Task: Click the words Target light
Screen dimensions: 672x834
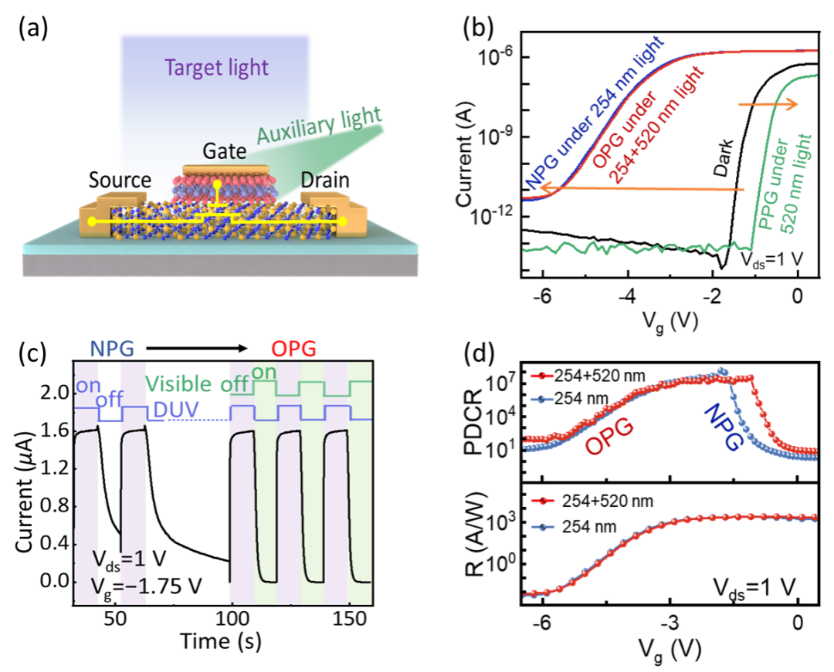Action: [x=216, y=68]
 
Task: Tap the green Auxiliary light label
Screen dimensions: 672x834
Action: [x=319, y=125]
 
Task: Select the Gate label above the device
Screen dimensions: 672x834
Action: [x=224, y=151]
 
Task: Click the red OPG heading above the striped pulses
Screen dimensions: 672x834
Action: [x=293, y=349]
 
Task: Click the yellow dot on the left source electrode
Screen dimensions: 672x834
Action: [x=93, y=221]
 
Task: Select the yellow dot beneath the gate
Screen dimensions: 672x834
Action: [x=219, y=184]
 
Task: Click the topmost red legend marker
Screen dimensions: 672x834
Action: [x=544, y=377]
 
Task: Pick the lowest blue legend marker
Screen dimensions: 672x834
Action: [x=544, y=528]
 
